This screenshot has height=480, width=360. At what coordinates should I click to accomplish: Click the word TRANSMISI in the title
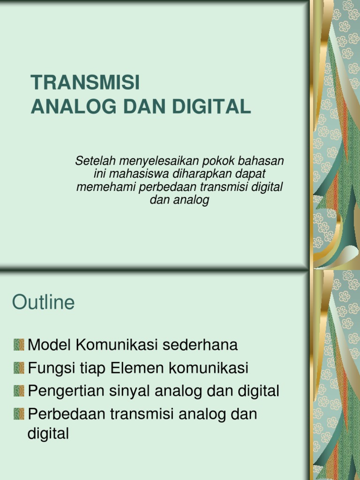85,83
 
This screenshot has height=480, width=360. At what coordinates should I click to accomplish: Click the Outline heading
43,303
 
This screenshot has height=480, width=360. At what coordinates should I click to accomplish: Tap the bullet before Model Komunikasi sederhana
19,345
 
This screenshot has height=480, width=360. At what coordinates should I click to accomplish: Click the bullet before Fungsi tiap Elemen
19,368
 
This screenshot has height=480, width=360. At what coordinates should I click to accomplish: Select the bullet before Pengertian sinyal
19,390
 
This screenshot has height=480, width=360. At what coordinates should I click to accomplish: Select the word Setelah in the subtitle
92,161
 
